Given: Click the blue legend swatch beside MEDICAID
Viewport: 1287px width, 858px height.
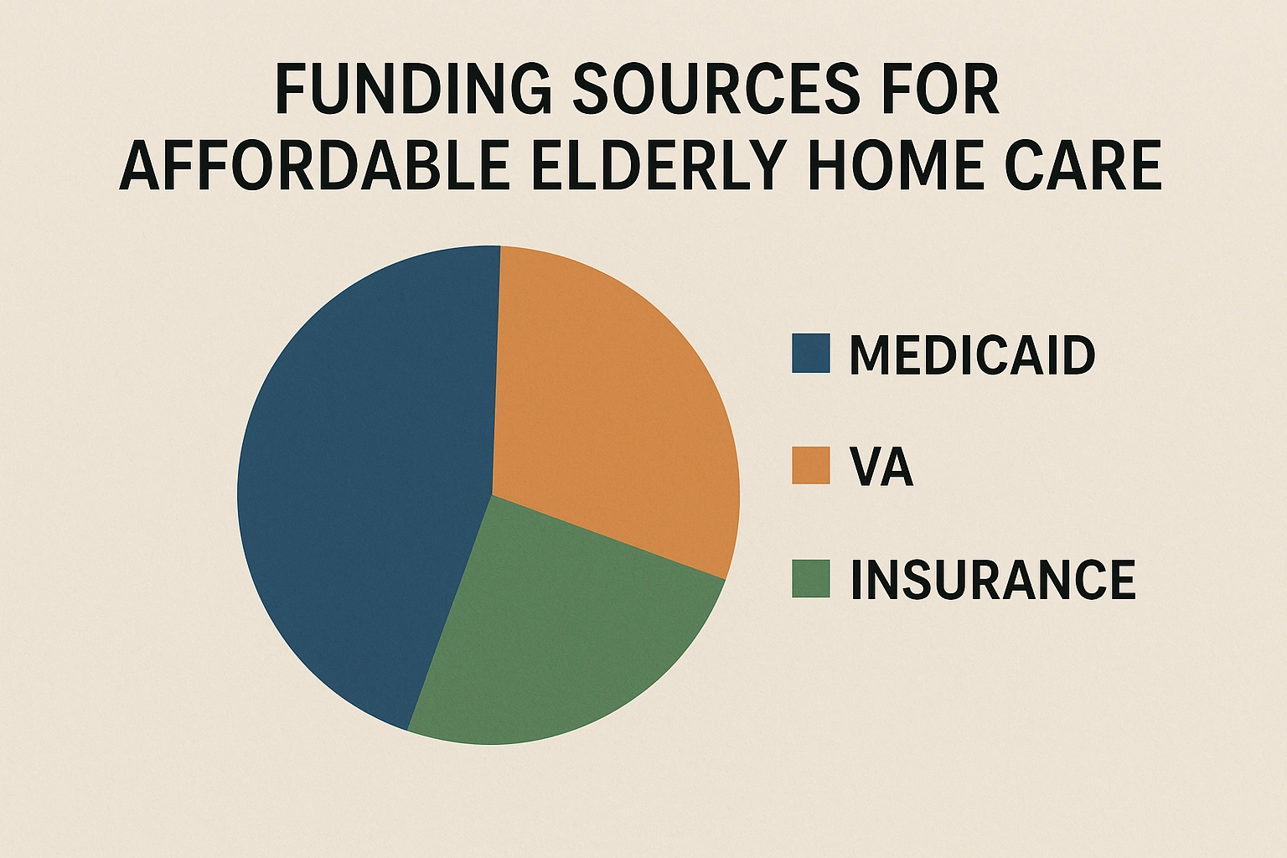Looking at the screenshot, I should pos(810,353).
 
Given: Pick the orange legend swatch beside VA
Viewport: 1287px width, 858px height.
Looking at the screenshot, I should pos(810,466).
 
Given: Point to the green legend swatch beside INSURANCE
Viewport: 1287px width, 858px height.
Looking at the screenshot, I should pos(810,578).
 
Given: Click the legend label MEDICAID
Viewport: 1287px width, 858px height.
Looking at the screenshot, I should pos(972,354).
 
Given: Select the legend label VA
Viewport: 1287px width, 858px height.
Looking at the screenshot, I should pos(881,467).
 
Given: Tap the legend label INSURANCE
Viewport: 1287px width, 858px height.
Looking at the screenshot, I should pos(993,579).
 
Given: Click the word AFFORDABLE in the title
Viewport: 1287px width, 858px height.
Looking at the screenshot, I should pos(315,165).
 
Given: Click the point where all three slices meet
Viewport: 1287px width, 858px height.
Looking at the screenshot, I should pos(492,494).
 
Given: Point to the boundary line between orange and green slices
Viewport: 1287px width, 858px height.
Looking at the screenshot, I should pos(608,536).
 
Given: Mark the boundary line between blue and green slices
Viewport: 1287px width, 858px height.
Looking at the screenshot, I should pos(450,612).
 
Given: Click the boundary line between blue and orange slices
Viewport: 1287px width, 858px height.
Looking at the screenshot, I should pos(496,369).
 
